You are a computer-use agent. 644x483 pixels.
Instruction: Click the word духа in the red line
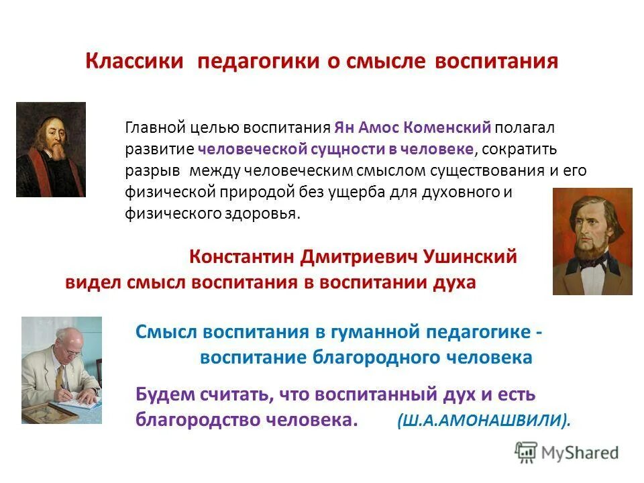[455, 282]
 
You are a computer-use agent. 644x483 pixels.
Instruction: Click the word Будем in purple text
[160, 394]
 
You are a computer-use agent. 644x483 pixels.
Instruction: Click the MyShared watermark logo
[567, 453]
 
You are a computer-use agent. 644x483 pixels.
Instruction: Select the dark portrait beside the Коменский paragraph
[51, 149]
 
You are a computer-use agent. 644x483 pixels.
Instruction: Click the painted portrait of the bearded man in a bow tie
[592, 241]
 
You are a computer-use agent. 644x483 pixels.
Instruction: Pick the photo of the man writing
[61, 370]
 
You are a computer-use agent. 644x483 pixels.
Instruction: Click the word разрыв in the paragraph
[149, 170]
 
